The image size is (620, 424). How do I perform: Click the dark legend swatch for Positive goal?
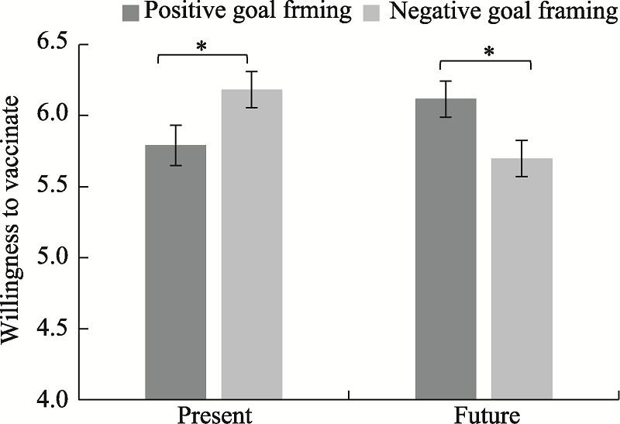tap(130, 12)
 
